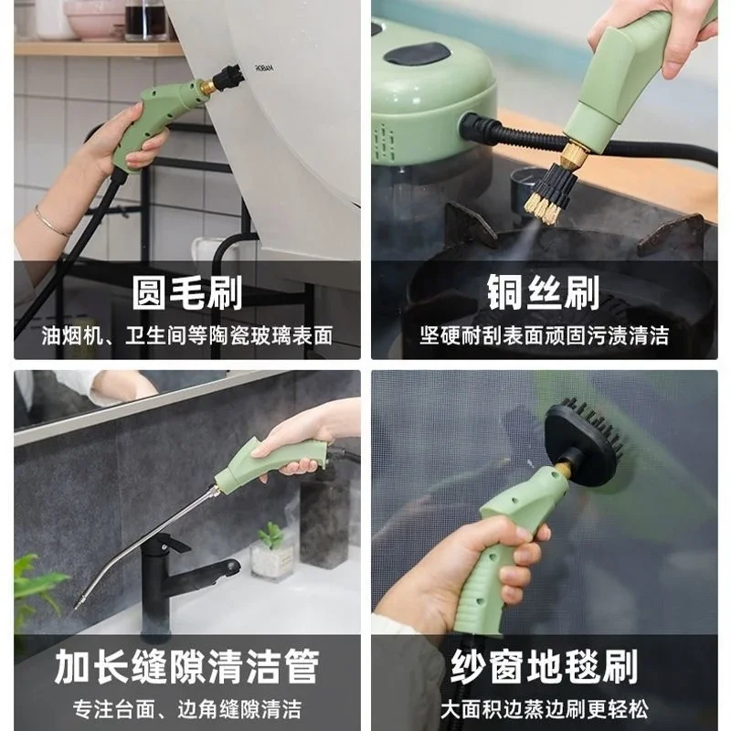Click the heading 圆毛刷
(x=186, y=294)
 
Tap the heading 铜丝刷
(x=544, y=294)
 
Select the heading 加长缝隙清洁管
(x=186, y=666)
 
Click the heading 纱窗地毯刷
(x=544, y=666)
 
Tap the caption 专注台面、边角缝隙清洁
(x=186, y=707)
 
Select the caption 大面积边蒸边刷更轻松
(x=544, y=707)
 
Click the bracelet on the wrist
(x=52, y=221)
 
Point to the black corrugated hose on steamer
(x=507, y=142)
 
